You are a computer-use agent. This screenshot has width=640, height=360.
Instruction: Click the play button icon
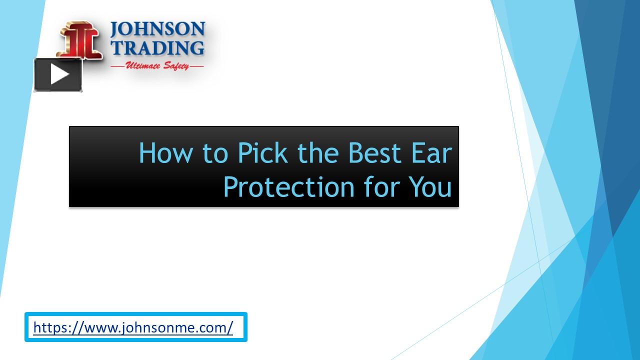[x=58, y=75]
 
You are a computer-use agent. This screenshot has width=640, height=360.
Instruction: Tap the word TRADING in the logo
[x=157, y=48]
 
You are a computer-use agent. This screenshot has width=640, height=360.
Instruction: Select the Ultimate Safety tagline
[x=157, y=65]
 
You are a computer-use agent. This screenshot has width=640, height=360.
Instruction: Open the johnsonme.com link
[x=133, y=327]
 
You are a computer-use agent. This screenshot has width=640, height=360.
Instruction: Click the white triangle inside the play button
[x=59, y=75]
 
